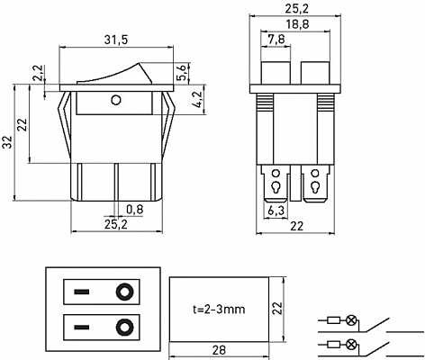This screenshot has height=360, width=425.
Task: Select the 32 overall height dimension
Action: click(8, 142)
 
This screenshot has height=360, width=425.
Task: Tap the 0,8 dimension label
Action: click(134, 210)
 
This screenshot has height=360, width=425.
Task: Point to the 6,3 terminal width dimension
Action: click(276, 210)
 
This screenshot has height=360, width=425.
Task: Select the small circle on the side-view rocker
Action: click(115, 99)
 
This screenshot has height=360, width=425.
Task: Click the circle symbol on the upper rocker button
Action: click(123, 292)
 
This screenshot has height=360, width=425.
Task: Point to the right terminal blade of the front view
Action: click(316, 187)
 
